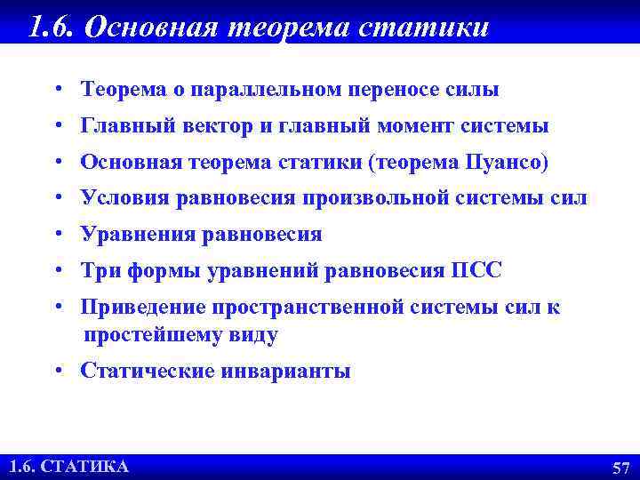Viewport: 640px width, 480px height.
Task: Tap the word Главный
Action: pyautogui.click(x=120, y=126)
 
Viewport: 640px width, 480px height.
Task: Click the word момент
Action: pyautogui.click(x=416, y=126)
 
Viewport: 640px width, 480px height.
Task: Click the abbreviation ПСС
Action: pyautogui.click(x=477, y=271)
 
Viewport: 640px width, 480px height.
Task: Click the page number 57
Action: pyautogui.click(x=620, y=468)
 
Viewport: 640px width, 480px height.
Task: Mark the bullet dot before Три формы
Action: pyautogui.click(x=56, y=271)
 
